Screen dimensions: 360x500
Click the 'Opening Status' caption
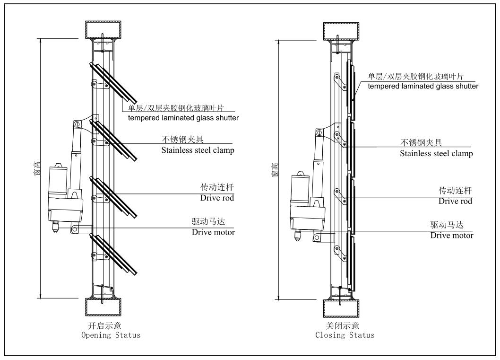[111, 335]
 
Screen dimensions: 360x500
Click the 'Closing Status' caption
[345, 335]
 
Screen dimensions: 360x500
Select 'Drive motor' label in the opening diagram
[213, 232]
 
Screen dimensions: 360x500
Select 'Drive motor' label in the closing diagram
[451, 235]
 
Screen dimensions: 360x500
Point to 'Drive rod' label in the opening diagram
[217, 198]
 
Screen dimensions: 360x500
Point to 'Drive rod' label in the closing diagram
[455, 201]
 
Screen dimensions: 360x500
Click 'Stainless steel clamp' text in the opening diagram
[198, 150]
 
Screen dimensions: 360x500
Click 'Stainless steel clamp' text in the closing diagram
[436, 153]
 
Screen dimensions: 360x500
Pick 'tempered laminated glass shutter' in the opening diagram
[183, 118]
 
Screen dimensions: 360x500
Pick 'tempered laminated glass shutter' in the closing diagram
[423, 86]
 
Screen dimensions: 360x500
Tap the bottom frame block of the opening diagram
[103, 307]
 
